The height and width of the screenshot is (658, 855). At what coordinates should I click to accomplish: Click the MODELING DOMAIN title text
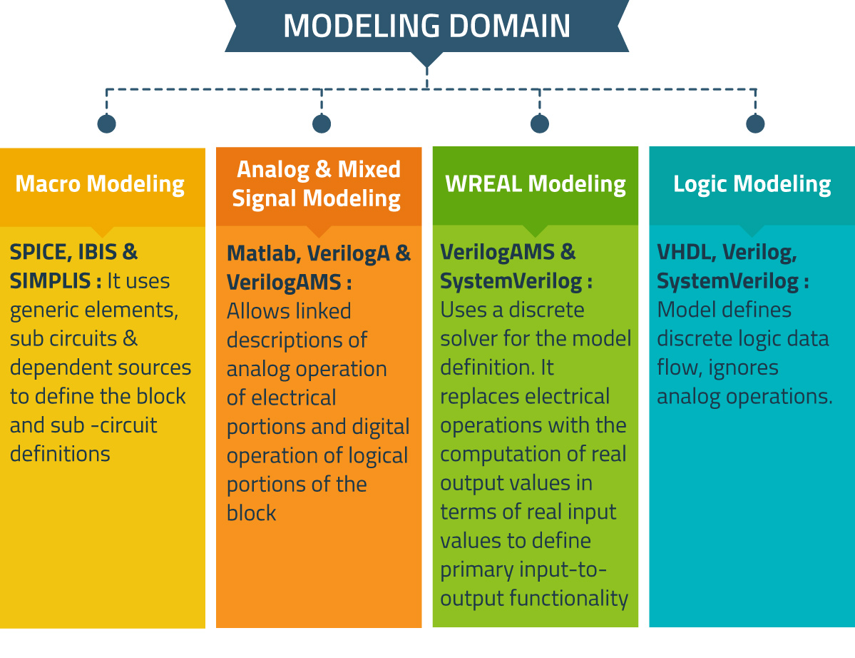(426, 26)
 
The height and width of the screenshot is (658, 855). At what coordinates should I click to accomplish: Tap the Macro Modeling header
(100, 184)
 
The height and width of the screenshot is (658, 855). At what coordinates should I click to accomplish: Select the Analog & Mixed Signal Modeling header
(317, 184)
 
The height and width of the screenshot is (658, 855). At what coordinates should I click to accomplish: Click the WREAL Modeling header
(535, 184)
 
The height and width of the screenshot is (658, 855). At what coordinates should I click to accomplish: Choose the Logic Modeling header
(752, 184)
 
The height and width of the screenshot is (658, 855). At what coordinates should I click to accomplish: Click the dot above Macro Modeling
(106, 124)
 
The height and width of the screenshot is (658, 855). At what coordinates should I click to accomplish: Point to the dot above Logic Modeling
(755, 124)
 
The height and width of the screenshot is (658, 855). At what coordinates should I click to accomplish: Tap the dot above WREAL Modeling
(539, 124)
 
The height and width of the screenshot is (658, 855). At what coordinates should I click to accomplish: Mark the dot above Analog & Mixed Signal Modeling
(322, 124)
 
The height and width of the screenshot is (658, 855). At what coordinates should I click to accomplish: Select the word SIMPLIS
(50, 281)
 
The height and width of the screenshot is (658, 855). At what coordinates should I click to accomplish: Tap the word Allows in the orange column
(259, 311)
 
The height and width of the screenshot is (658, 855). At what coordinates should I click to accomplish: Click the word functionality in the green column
(569, 599)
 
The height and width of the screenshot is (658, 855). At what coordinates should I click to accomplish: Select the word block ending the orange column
(252, 513)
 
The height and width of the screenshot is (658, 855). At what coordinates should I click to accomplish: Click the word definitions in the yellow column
(60, 454)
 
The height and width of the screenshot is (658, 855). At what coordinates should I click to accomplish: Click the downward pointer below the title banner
(426, 60)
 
